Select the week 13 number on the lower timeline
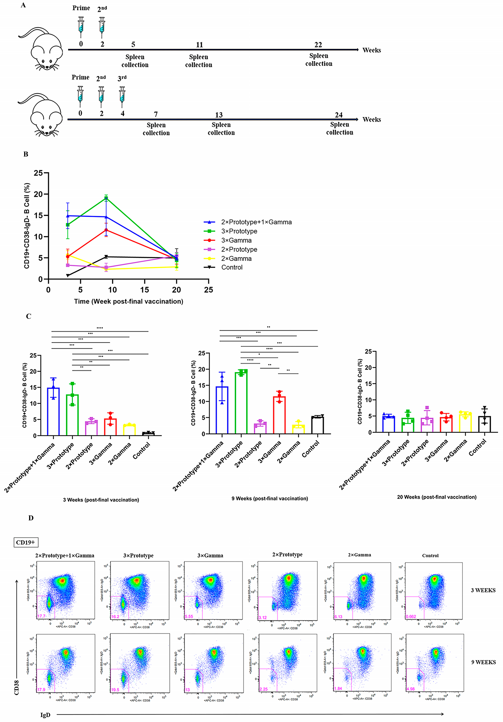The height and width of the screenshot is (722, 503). (x=219, y=115)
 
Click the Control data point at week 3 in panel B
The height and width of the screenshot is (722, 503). (x=68, y=275)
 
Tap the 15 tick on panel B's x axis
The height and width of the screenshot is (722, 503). (x=144, y=290)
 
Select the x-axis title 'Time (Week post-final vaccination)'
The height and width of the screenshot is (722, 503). (x=128, y=301)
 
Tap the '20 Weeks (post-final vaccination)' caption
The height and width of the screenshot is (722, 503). (x=437, y=497)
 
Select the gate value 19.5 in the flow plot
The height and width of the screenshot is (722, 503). (x=115, y=690)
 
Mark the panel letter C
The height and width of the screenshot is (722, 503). (x=28, y=316)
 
